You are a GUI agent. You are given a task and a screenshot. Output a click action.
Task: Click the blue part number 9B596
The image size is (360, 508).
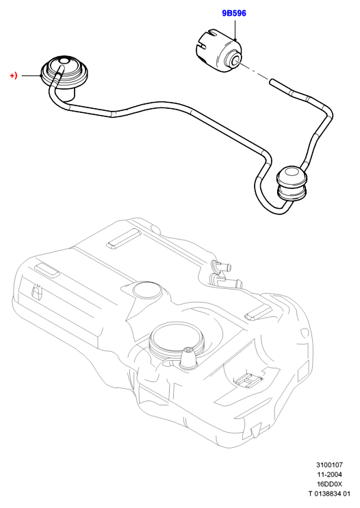point(234,13)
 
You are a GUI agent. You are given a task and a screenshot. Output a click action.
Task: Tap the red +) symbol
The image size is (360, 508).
point(14,76)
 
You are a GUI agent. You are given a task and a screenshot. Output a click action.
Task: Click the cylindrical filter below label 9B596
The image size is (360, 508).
point(218,51)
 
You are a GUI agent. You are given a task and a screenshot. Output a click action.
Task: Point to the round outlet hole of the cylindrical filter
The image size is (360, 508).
point(235,60)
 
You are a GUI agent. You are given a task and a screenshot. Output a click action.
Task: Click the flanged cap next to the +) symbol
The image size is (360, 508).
point(64,73)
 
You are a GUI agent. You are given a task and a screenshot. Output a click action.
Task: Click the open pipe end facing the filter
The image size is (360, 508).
point(272,82)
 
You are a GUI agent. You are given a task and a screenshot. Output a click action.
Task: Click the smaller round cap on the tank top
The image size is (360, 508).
point(147,290)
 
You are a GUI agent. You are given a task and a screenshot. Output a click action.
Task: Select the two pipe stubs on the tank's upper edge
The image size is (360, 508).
point(225,272)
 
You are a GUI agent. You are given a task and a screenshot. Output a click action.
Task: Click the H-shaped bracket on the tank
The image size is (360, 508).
point(248,379)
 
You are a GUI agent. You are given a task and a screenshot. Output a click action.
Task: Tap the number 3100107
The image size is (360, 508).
point(329,465)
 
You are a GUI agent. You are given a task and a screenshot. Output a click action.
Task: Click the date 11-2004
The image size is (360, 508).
point(329,474)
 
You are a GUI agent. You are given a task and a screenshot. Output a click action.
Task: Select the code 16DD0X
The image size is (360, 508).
point(329,484)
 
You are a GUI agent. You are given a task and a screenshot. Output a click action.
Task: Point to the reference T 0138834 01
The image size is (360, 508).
point(329,494)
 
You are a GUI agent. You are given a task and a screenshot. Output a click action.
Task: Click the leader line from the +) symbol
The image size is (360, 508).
point(31,76)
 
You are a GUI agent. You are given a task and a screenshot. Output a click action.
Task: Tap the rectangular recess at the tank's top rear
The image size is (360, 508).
point(123,239)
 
